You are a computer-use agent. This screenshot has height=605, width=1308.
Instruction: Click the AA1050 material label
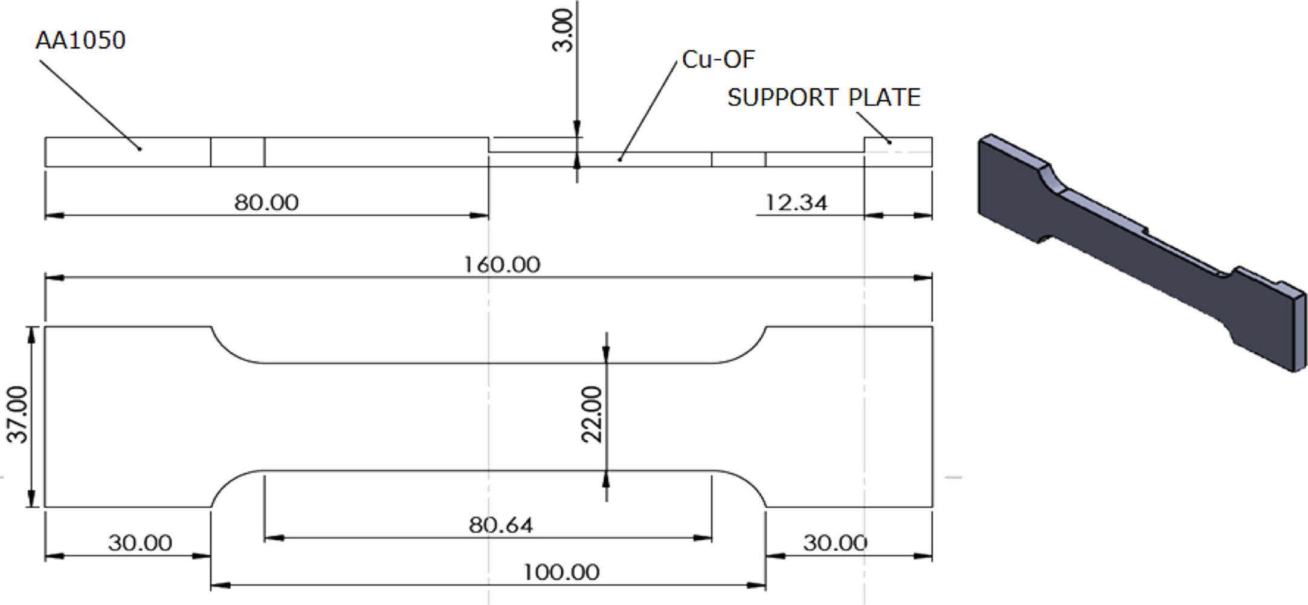80,41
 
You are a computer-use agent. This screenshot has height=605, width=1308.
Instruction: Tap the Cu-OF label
718,59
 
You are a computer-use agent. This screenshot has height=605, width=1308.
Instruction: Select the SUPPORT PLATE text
823,97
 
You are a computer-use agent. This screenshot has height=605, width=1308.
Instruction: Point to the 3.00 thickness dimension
563,30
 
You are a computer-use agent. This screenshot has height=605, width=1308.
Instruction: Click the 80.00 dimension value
266,202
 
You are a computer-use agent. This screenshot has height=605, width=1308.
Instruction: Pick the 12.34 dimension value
796,202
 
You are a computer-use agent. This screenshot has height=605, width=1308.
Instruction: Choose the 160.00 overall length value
501,265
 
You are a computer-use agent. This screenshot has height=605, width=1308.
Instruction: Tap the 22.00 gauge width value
592,415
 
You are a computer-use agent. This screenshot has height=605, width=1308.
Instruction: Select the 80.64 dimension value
501,525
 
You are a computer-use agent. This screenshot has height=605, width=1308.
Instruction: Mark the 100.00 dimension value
561,572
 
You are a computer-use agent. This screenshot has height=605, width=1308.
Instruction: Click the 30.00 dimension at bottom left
140,543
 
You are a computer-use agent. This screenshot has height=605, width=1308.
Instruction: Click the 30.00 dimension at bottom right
835,543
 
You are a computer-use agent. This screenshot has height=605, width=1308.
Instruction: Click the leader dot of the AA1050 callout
140,149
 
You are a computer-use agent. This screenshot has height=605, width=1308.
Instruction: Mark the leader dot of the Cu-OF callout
620,160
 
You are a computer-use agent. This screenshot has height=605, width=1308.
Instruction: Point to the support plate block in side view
898,152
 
